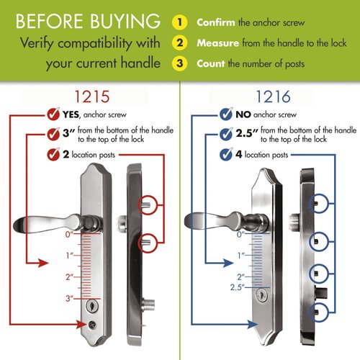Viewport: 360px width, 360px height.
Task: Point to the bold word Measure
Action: [x=217, y=42]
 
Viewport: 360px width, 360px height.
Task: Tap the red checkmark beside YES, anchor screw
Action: [x=52, y=114]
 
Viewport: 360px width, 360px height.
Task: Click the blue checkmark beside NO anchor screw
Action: [x=225, y=114]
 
